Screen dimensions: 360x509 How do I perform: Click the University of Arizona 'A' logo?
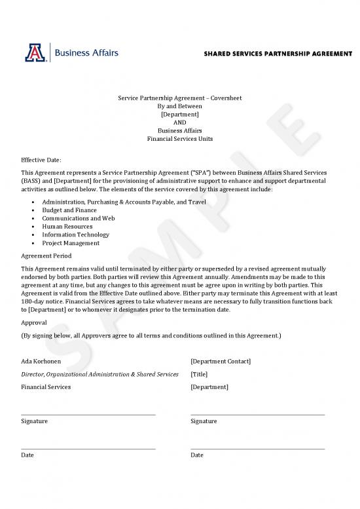click(x=33, y=52)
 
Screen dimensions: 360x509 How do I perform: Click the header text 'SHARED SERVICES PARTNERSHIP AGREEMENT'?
click(x=278, y=53)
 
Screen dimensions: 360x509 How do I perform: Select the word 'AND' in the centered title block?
click(x=179, y=122)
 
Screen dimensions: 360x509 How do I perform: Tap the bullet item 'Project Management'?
click(x=71, y=243)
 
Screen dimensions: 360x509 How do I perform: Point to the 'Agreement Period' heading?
click(x=46, y=255)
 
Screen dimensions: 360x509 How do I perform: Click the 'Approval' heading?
click(x=34, y=323)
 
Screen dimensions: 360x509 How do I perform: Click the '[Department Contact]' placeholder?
click(x=221, y=362)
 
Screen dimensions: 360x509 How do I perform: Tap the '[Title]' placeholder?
click(x=199, y=374)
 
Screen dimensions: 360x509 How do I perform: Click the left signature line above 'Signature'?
click(x=88, y=414)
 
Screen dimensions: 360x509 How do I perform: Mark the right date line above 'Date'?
click(x=257, y=449)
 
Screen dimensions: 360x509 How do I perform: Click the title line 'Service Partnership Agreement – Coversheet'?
click(x=179, y=98)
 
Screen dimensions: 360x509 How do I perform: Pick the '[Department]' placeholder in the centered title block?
click(x=179, y=114)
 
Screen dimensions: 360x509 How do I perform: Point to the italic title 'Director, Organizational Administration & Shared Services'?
click(x=99, y=374)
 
